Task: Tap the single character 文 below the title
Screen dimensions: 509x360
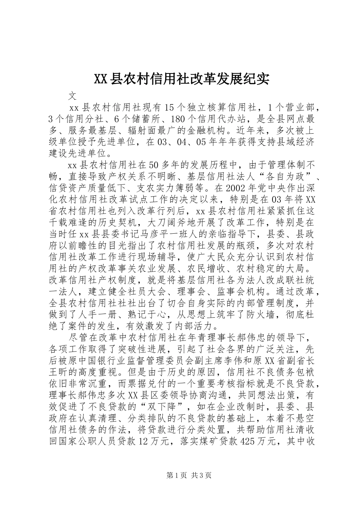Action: click(74, 95)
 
